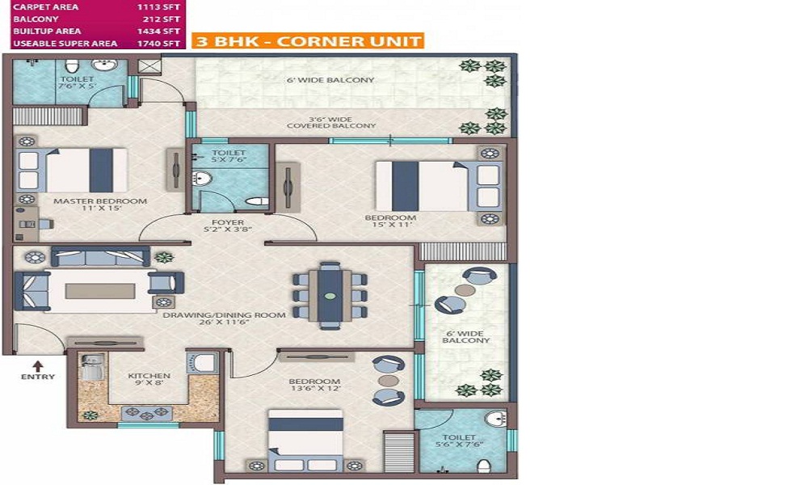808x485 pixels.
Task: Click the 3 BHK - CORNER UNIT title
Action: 308,40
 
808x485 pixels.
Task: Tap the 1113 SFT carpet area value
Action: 158,7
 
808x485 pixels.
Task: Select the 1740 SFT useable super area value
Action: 158,44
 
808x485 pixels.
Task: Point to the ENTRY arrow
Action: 38,366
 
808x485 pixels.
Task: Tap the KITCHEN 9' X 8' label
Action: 149,379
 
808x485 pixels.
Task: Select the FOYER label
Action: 228,222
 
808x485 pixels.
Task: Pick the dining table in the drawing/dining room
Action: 330,295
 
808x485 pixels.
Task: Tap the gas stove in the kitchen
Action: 147,413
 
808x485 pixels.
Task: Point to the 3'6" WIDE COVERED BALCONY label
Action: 331,123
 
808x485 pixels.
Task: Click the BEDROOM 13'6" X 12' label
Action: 314,385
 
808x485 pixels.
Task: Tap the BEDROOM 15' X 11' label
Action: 390,221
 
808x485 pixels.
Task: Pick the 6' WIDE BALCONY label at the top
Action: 330,80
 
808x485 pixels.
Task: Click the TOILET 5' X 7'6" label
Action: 229,156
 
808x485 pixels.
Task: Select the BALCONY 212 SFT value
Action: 162,19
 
